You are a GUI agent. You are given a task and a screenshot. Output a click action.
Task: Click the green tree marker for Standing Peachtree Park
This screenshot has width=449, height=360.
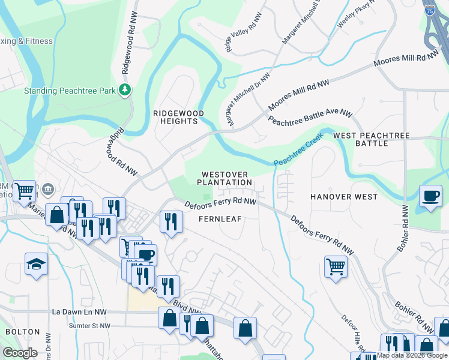coord(125,91)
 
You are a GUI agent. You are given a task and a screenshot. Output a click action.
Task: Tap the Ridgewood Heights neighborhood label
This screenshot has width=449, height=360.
coord(178,117)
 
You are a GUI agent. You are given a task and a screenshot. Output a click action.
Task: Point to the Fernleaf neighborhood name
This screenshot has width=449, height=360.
coord(220,219)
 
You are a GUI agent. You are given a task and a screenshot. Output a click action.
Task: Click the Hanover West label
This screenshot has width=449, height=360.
coord(344,197)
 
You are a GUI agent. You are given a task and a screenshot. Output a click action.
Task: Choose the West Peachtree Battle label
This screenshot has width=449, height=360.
coord(372,140)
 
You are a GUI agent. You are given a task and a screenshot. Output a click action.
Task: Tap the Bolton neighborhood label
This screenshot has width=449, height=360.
coord(22,332)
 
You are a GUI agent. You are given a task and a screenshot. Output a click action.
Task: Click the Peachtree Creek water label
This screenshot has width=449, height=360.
coord(298,150)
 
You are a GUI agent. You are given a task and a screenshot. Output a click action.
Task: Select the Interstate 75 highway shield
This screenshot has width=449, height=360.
coord(429,9)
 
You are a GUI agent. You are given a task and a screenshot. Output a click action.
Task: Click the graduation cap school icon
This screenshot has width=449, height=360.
coord(36,263)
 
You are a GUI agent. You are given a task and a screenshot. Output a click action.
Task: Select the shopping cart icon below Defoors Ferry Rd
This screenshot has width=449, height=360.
coord(336,266)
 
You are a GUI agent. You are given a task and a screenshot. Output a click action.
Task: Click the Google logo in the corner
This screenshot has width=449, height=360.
coord(20,353)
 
